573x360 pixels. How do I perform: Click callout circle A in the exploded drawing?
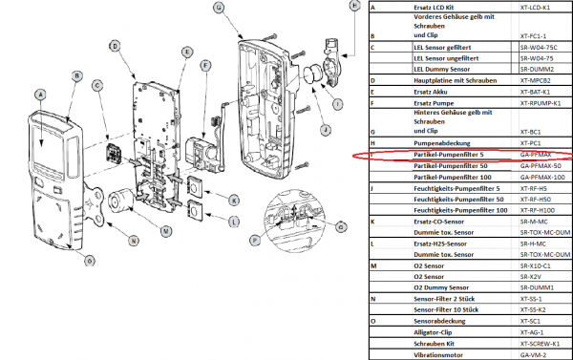point(39,94)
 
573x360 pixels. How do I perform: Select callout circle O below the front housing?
point(90,261)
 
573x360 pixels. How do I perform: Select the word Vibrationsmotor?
point(438,353)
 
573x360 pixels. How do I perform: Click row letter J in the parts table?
point(372,188)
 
